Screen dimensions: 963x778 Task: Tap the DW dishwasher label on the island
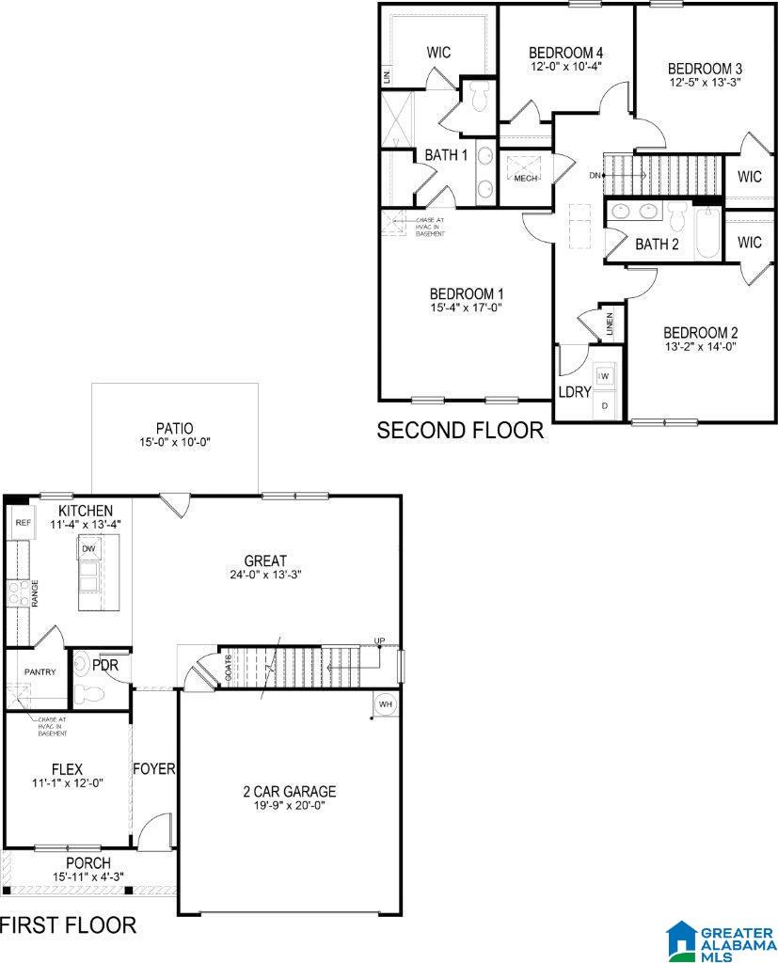[89, 548]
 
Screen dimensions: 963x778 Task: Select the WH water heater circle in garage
[386, 703]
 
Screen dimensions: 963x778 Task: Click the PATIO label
[175, 428]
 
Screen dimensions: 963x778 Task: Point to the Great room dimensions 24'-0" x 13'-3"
[264, 575]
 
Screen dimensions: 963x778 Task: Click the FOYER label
[154, 768]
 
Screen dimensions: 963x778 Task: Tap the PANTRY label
[40, 671]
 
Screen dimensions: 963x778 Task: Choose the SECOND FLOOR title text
[460, 431]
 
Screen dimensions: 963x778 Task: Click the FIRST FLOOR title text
[68, 924]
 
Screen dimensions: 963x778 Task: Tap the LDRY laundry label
[575, 392]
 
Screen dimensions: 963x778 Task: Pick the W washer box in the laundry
[606, 376]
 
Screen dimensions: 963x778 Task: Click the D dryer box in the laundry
[606, 405]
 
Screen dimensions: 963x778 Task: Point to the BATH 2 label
[657, 245]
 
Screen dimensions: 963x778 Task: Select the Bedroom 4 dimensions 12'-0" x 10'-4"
[564, 66]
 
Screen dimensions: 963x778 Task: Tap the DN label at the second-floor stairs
[595, 175]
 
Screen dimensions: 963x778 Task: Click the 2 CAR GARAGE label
[289, 792]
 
